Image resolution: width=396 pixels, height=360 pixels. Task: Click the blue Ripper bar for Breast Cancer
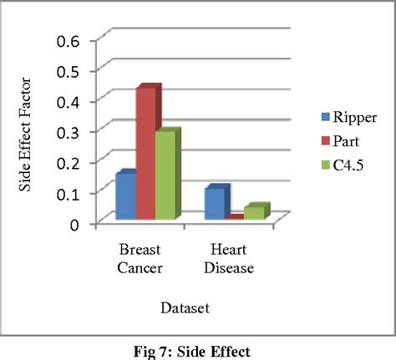click(x=125, y=197)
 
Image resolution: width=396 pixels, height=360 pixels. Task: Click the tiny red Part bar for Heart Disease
click(x=235, y=217)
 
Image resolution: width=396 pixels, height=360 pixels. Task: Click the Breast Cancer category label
click(x=140, y=259)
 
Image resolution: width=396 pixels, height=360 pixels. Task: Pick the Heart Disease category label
click(x=228, y=259)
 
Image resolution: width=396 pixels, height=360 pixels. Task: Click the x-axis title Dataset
click(x=185, y=307)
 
